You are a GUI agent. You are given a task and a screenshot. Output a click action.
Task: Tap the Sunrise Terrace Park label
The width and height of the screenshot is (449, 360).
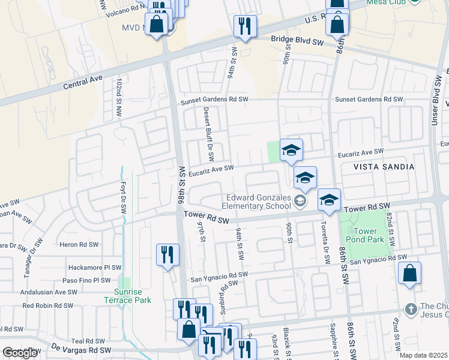pyautogui.click(x=125, y=295)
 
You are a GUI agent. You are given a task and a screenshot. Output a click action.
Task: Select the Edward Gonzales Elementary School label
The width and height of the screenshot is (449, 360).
pyautogui.click(x=259, y=202)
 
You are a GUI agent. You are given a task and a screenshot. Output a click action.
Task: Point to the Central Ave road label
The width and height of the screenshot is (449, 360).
pyautogui.click(x=85, y=82)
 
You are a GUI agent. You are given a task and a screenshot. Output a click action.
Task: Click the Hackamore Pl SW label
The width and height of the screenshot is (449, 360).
pyautogui.click(x=95, y=268)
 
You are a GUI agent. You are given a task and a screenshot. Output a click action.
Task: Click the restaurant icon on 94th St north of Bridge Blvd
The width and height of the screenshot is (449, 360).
pyautogui.click(x=245, y=26)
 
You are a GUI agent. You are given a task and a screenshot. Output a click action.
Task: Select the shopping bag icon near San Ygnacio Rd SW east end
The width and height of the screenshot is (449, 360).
pyautogui.click(x=409, y=273)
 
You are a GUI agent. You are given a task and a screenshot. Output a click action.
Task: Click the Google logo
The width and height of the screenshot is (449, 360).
pyautogui.click(x=20, y=353)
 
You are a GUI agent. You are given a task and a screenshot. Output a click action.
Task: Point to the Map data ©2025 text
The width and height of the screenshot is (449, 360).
pyautogui.click(x=424, y=355)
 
